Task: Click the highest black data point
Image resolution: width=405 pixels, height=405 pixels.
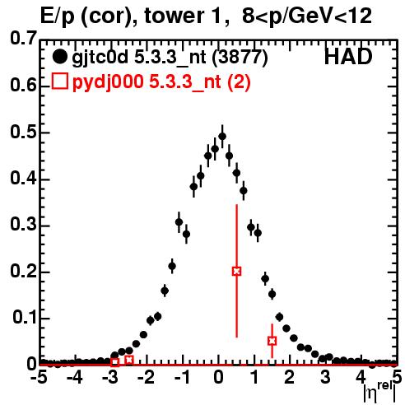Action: coord(222,137)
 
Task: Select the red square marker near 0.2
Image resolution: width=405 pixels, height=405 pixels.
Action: coord(236,272)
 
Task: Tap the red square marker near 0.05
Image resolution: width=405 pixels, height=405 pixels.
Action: coord(272,341)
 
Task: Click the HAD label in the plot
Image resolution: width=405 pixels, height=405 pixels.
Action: coord(348,57)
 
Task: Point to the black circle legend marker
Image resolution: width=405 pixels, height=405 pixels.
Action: coord(59,57)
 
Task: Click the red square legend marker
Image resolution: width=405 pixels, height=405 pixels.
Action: coord(59,81)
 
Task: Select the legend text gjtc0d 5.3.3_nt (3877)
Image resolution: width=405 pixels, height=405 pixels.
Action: coord(170,58)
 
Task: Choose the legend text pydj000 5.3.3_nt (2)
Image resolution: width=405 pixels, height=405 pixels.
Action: coord(161,81)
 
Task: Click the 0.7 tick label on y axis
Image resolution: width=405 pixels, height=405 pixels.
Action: coord(24,38)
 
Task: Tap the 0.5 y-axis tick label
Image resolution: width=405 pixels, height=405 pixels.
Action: coord(24,133)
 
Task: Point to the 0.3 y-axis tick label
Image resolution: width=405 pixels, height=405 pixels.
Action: coord(24,225)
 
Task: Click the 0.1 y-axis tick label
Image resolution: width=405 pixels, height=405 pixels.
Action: coord(25,318)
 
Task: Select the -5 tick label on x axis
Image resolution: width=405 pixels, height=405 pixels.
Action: coord(39,378)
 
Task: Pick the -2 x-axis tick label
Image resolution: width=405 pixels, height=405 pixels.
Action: coord(146,378)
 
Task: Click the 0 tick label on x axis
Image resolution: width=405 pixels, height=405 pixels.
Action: coord(218,378)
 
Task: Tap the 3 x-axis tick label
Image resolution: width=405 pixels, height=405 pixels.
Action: coord(325,378)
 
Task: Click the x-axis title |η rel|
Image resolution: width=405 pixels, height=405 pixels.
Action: coord(379,393)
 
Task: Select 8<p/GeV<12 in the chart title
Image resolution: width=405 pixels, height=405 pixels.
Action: coord(307,16)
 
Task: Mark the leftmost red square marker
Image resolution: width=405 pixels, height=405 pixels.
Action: coord(115,362)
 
